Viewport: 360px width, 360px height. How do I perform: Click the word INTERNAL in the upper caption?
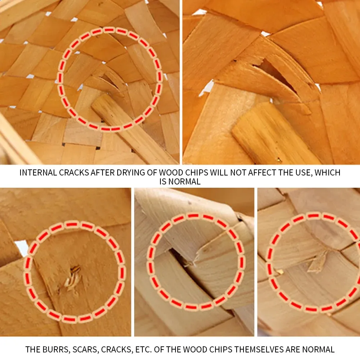tap(38, 173)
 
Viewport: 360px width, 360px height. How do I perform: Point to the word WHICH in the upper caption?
tap(327, 173)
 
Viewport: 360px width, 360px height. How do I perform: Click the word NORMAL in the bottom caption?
tap(318, 350)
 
